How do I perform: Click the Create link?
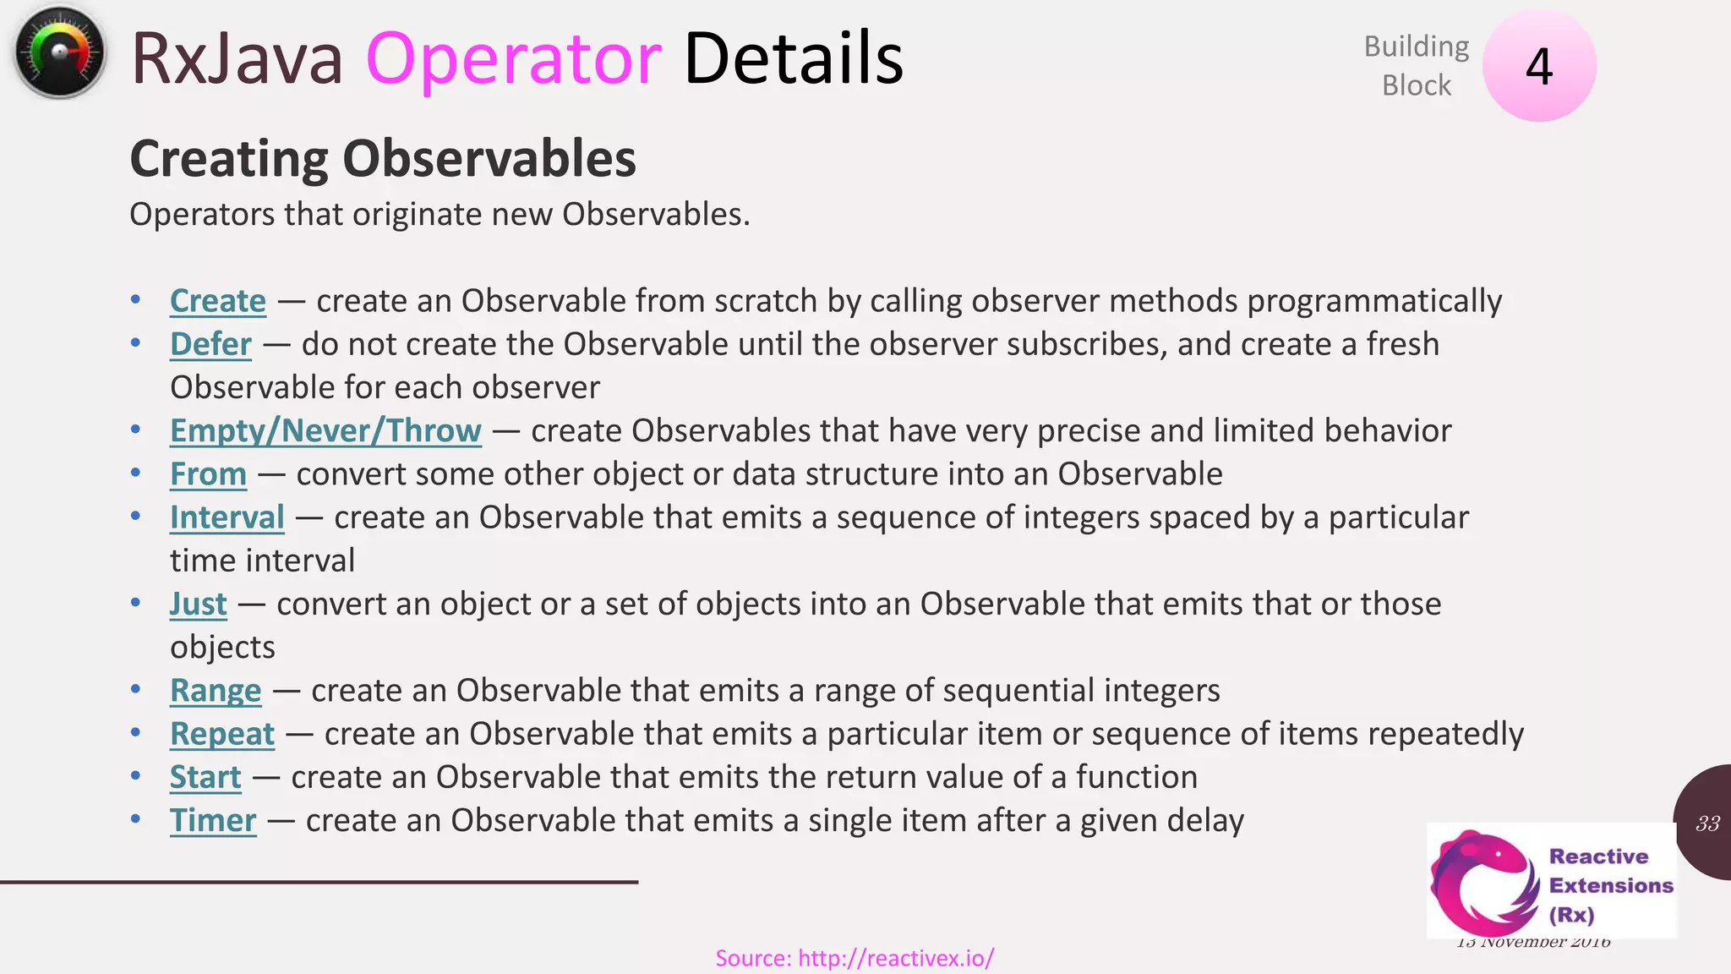217,301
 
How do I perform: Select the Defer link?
210,344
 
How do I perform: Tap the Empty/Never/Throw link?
325,430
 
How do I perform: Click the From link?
208,473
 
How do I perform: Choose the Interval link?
227,517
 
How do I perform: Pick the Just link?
198,604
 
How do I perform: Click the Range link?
216,690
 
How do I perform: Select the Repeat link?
221,734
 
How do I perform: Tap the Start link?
205,777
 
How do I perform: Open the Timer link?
212,820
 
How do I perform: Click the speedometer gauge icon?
59,53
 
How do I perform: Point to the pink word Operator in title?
513,58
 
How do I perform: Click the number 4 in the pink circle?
1539,67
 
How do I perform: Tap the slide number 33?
1707,824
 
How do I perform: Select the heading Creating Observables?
382,158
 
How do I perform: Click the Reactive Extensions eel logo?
1483,882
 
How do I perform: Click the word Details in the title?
792,58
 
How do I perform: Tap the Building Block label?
1416,66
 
